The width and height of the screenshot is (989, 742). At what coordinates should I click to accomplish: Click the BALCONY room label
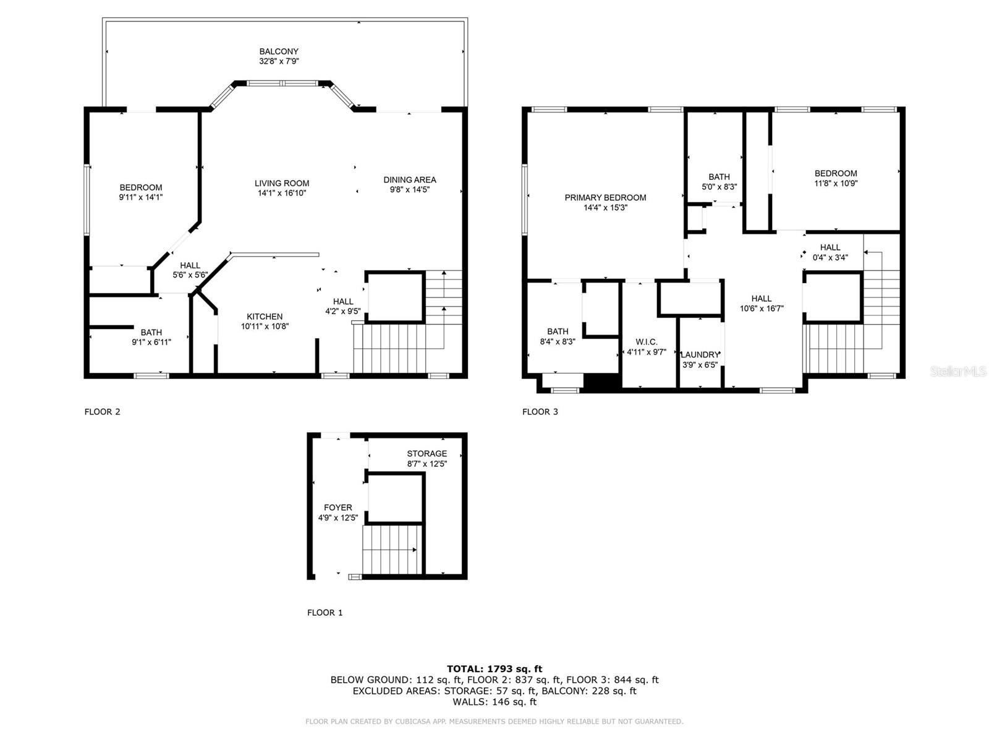pos(278,51)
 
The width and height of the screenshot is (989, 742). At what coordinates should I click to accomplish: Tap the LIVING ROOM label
pos(282,184)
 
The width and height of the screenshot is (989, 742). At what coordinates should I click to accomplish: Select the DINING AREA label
pos(410,180)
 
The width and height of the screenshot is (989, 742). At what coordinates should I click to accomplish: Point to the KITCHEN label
pos(265,317)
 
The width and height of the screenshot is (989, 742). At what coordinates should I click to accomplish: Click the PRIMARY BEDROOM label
pos(605,198)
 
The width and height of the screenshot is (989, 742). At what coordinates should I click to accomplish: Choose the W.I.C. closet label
pos(646,343)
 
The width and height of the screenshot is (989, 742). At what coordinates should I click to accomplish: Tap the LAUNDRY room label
pos(700,355)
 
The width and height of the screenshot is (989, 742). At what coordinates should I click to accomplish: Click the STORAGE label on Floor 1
pos(427,454)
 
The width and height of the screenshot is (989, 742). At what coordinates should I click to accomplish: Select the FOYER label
pos(338,508)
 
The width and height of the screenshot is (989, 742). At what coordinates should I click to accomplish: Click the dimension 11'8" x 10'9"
pos(835,184)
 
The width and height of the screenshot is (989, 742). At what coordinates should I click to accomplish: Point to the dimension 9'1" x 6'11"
pos(151,343)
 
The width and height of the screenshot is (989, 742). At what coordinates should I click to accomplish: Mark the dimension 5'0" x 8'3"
pos(719,187)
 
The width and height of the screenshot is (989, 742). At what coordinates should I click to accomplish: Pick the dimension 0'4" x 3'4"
pos(830,258)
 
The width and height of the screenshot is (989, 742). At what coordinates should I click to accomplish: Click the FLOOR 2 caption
pos(102,412)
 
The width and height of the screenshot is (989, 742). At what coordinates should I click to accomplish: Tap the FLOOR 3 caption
pos(540,412)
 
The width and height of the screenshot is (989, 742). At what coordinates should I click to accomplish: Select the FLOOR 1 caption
pos(325,613)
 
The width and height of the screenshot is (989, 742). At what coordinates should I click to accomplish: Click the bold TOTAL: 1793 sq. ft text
pos(494,669)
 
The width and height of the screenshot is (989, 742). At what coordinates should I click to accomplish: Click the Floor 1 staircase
pos(393,550)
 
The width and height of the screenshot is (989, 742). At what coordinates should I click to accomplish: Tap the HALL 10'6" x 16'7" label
pos(762,304)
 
